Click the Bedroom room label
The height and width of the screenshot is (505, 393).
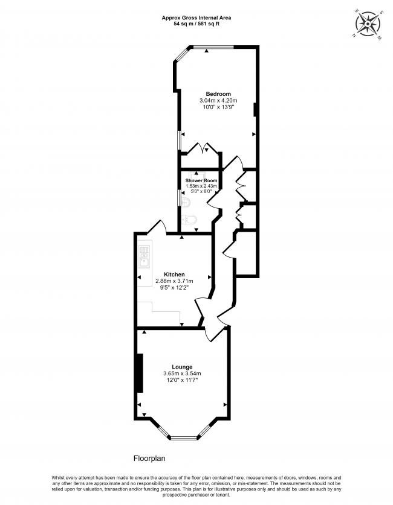[218, 94]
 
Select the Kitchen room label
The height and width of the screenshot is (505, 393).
[174, 275]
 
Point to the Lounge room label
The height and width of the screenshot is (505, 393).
[182, 367]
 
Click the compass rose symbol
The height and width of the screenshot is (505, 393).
[368, 23]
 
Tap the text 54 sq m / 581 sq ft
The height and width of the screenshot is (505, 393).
[196, 25]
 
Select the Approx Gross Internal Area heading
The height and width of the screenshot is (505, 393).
[196, 18]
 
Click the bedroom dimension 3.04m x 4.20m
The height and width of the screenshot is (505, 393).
[218, 100]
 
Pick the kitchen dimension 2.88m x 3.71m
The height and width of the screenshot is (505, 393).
[174, 281]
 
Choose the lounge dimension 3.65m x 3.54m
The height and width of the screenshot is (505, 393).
[182, 373]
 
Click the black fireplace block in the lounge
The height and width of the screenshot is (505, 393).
[140, 372]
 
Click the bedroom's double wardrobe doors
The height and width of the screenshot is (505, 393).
[200, 148]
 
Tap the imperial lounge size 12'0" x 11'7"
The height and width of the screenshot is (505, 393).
[182, 380]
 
